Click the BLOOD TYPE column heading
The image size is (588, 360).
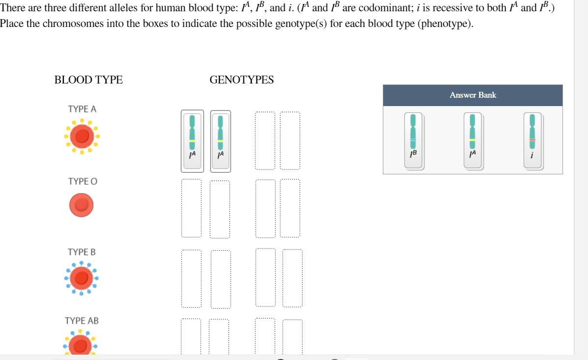click(88, 80)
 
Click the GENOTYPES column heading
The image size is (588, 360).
click(241, 80)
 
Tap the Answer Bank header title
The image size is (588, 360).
click(473, 95)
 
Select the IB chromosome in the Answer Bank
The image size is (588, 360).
click(414, 140)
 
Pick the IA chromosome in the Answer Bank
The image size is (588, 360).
click(473, 140)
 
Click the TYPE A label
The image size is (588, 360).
click(82, 109)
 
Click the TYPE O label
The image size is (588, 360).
click(82, 181)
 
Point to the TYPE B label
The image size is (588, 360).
click(81, 252)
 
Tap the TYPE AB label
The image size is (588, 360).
click(81, 321)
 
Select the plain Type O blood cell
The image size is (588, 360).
click(81, 205)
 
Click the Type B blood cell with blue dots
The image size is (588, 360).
click(80, 278)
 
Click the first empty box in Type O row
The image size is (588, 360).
click(191, 208)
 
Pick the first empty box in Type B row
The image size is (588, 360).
click(191, 278)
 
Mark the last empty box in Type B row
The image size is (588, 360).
click(293, 278)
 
